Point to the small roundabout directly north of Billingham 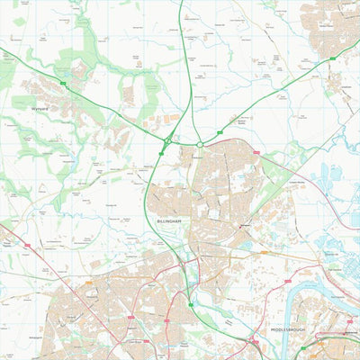pyautogui.click(x=200, y=144)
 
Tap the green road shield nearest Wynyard pyautogui.click(x=63, y=83)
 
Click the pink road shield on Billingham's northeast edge pyautogui.click(x=256, y=153)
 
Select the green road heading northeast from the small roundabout pyautogui.click(x=270, y=99)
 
